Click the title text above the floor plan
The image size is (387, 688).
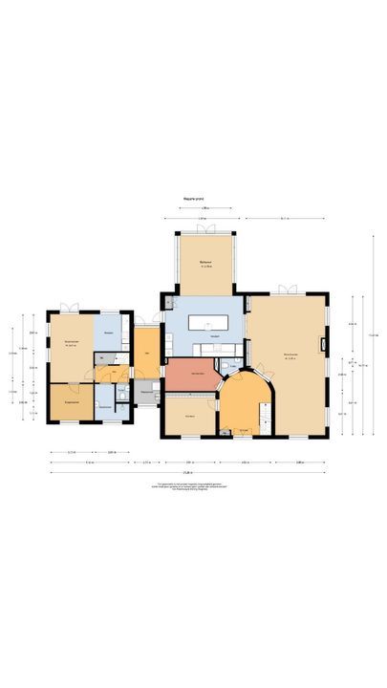pyautogui.click(x=194, y=200)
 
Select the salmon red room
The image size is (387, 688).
pyautogui.click(x=191, y=374)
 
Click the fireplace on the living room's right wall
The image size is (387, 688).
pyautogui.click(x=325, y=344)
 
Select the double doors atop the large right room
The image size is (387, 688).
pyautogui.click(x=288, y=290)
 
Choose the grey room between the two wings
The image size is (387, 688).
pyautogui.click(x=147, y=393)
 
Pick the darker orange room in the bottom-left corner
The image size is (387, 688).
pyautogui.click(x=71, y=402)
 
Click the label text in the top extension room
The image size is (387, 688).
pyautogui.click(x=204, y=263)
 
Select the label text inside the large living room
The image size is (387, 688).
pyautogui.click(x=290, y=356)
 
